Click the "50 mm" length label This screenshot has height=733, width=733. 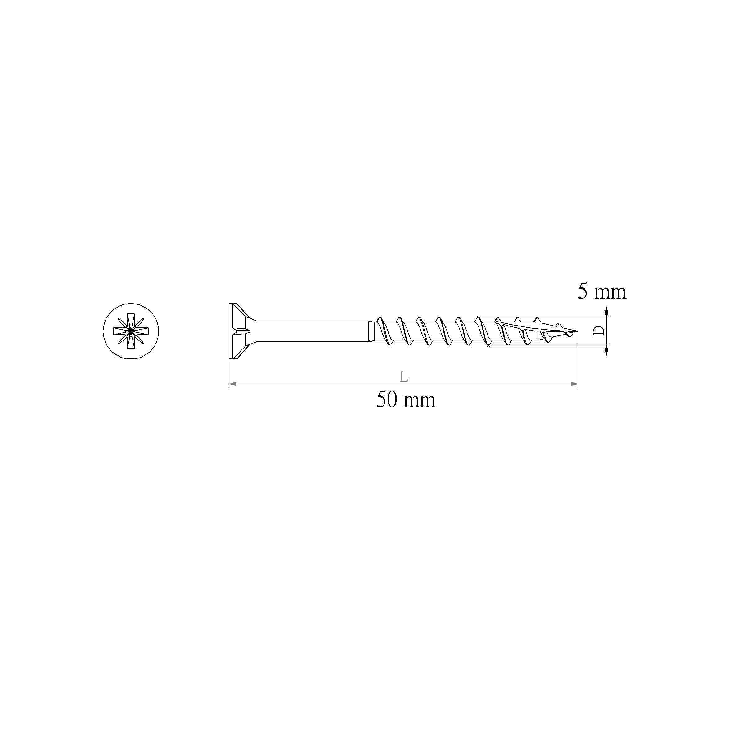406,400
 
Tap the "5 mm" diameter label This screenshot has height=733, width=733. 602,292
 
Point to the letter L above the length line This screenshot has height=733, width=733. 404,376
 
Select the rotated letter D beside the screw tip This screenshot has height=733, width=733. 599,331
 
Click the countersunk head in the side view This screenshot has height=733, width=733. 238,331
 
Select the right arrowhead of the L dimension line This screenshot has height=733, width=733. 574,384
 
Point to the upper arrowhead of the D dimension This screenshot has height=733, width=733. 606,313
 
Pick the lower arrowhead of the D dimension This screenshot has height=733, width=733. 606,349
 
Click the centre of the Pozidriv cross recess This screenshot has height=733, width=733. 131,331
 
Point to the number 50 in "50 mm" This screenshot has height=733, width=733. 387,400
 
